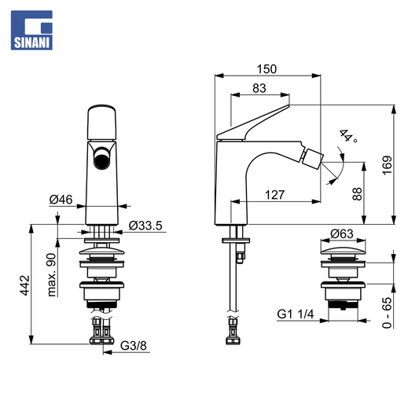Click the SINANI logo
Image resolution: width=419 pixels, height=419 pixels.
tap(31, 30)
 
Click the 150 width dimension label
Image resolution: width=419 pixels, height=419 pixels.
tap(266, 69)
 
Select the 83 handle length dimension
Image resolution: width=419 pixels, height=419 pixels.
tap(259, 88)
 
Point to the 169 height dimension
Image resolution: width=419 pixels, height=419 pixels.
tap(388, 165)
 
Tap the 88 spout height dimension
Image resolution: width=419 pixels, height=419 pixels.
tap(357, 193)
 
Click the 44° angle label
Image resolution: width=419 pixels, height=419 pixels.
tap(348, 136)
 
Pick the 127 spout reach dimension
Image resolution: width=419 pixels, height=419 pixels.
tap(274, 195)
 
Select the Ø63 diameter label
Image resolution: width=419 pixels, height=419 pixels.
tap(342, 233)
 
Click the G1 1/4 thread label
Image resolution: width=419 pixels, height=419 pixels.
tap(296, 314)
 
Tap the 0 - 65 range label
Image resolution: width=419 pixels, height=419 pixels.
tap(388, 312)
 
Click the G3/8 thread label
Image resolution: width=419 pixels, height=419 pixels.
tap(134, 346)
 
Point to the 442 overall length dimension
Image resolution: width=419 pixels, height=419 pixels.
tap(25, 285)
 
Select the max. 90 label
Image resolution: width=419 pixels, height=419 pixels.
tap(52, 274)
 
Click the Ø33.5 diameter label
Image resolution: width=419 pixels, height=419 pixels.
tap(145, 226)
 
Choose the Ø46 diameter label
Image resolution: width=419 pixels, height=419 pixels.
tap(61, 200)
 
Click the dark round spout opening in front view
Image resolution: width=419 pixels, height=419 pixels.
tap(102, 158)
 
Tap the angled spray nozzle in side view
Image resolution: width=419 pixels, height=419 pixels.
tap(312, 159)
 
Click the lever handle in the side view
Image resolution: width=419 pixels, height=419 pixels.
tap(253, 123)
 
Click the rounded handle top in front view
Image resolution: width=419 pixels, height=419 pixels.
tap(102, 123)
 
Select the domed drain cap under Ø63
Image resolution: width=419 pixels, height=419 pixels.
tap(343, 252)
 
